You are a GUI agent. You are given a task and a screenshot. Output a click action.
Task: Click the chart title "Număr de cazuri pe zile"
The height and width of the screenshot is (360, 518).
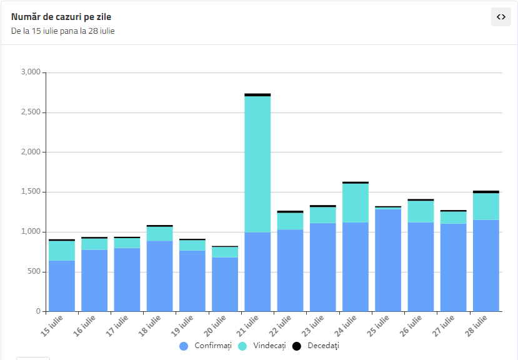[61, 17]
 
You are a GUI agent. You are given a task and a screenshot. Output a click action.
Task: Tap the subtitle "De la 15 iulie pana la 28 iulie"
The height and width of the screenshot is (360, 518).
[62, 31]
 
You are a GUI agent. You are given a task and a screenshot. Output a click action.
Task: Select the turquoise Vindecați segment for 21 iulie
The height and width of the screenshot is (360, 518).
[257, 164]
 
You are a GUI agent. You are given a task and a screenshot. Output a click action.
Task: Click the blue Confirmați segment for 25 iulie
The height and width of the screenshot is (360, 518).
[388, 260]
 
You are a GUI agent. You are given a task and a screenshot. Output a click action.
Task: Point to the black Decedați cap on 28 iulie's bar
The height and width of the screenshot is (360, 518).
[486, 192]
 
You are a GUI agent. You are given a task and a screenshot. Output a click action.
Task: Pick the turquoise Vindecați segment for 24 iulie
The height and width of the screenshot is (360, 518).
[356, 203]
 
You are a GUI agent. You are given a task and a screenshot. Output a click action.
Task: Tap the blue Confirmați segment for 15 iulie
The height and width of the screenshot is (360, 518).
[62, 286]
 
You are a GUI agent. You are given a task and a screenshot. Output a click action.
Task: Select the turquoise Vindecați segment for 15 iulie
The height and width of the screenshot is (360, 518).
[62, 251]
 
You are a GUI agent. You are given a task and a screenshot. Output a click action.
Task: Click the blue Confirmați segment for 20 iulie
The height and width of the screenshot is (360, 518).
[225, 284]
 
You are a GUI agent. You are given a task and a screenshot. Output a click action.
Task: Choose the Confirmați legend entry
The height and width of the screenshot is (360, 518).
[206, 346]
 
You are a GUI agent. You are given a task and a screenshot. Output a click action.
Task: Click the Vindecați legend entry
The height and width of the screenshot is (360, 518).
[262, 346]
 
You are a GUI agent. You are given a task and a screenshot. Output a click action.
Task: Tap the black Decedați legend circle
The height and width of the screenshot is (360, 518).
[297, 346]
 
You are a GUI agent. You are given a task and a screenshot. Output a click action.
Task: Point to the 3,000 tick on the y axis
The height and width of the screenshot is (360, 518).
[31, 72]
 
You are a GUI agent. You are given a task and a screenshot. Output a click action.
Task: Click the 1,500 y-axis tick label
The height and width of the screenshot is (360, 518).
[31, 192]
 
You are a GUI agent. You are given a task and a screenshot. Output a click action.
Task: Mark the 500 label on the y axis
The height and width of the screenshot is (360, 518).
[34, 271]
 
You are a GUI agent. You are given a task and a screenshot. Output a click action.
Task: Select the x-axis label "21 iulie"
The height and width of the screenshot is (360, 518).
[247, 326]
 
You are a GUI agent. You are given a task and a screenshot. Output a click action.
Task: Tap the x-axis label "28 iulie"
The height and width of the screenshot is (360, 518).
[476, 326]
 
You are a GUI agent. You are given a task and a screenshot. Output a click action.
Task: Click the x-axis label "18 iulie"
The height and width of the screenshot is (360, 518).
[149, 326]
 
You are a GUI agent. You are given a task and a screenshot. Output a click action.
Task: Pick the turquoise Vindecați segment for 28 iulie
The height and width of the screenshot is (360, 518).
[486, 207]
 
